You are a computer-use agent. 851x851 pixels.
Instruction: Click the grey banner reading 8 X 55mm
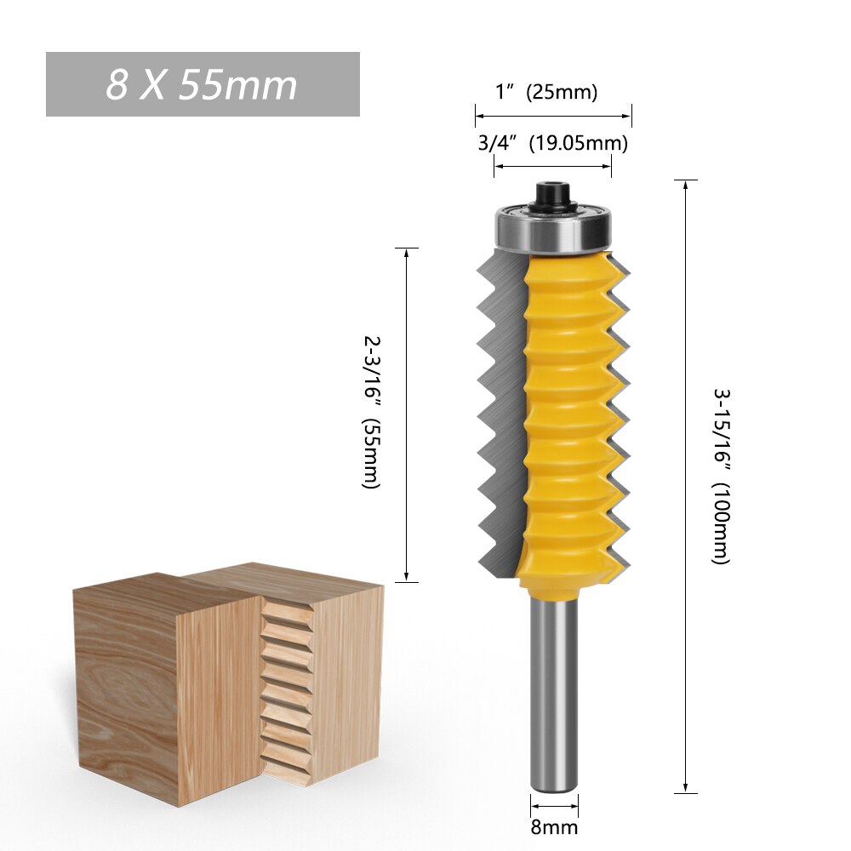tap(203, 84)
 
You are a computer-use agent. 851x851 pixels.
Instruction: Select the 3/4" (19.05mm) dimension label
tap(552, 143)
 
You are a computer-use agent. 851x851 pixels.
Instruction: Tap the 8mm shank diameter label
tap(554, 826)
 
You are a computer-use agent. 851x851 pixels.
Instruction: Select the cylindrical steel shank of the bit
tap(553, 689)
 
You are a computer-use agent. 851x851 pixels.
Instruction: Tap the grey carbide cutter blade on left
tap(498, 408)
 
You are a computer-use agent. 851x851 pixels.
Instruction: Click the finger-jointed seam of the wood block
tap(285, 689)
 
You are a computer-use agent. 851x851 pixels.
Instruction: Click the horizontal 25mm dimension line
tap(553, 115)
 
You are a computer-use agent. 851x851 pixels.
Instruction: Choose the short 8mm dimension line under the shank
tap(554, 804)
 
